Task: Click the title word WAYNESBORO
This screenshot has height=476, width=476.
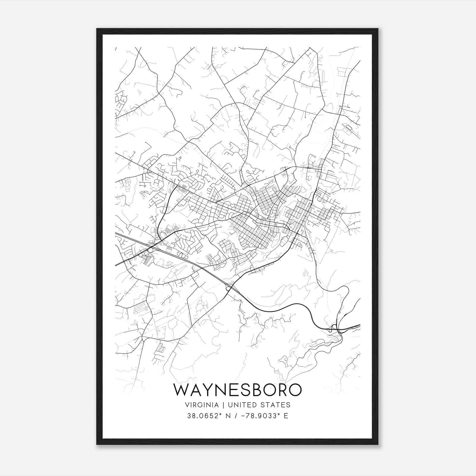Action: pyautogui.click(x=237, y=390)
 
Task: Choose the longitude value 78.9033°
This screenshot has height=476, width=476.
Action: pyautogui.click(x=259, y=416)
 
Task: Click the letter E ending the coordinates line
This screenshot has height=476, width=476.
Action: pyautogui.click(x=286, y=416)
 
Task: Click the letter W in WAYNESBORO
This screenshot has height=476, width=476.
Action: pyautogui.click(x=182, y=390)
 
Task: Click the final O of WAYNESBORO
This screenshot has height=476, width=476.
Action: pyautogui.click(x=294, y=390)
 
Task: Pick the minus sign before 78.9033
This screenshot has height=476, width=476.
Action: pyautogui.click(x=243, y=416)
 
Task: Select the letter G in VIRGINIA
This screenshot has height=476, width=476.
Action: pyautogui.click(x=202, y=405)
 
